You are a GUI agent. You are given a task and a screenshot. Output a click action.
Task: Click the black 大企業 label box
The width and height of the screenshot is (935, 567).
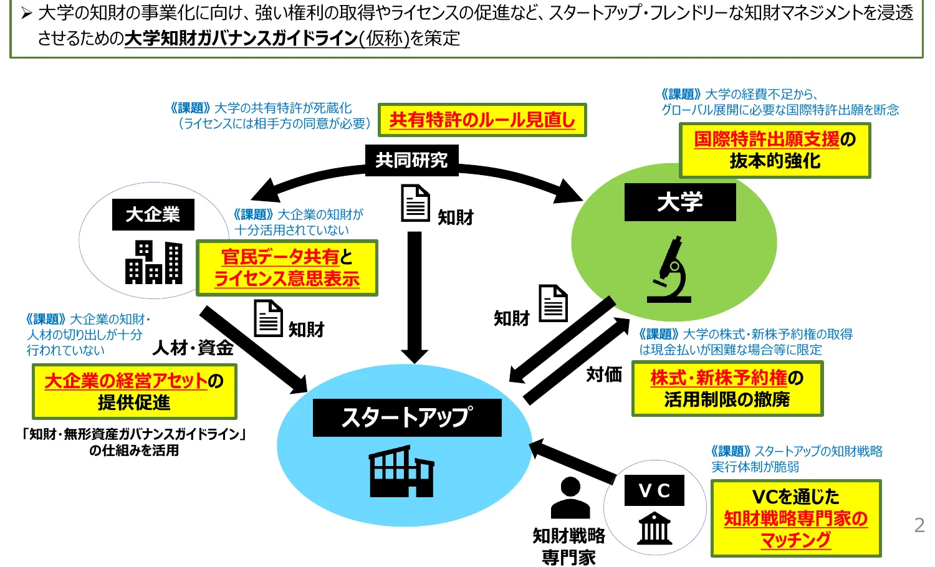(153, 215)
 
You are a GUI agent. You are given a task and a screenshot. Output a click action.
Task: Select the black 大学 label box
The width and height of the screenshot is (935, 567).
(680, 202)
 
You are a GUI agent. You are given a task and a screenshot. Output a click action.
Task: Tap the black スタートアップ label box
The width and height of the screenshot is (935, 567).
(407, 417)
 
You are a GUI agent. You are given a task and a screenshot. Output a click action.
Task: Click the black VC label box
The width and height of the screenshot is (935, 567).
(654, 490)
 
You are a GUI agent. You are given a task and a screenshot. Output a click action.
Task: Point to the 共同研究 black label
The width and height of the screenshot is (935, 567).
(411, 160)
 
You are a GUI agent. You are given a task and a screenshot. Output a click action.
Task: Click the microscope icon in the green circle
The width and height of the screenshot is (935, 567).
(670, 270)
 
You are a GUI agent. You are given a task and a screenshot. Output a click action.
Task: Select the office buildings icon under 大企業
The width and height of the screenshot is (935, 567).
(154, 262)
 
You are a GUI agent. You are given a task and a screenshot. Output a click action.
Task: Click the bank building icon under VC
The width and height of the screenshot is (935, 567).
(655, 528)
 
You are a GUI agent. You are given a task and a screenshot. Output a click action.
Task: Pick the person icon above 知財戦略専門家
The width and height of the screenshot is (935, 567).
(570, 497)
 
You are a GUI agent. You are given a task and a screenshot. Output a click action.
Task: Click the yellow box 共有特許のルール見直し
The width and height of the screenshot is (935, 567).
(482, 120)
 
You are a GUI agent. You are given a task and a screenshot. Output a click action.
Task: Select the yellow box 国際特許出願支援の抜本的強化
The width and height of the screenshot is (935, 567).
(775, 150)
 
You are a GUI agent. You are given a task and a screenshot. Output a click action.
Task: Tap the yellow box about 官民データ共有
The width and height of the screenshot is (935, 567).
(287, 268)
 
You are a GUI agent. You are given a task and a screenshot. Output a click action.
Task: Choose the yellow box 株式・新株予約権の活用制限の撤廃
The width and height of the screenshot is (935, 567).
(727, 389)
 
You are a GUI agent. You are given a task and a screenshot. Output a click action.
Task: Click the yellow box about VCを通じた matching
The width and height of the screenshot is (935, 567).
(796, 518)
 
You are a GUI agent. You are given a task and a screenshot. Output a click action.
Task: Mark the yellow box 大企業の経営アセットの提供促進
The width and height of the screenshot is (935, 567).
(134, 391)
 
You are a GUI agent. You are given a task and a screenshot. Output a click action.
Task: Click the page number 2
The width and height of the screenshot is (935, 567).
(919, 525)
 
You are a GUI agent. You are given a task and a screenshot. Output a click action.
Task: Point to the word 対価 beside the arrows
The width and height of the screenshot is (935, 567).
(604, 374)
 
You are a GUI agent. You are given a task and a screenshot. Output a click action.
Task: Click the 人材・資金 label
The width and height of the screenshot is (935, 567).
(193, 348)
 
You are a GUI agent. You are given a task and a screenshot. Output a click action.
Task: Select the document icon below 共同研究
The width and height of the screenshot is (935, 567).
(415, 203)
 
